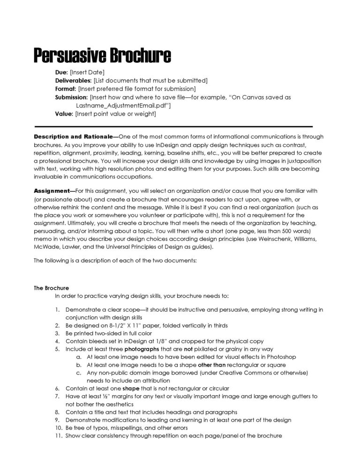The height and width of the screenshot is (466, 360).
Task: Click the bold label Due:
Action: point(61,72)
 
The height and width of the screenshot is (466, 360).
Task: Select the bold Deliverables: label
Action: point(73,81)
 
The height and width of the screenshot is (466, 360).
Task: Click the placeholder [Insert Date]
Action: point(87,72)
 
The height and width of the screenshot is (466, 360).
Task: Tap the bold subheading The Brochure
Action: point(51,288)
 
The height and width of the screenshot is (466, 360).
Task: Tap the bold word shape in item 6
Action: point(131,388)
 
